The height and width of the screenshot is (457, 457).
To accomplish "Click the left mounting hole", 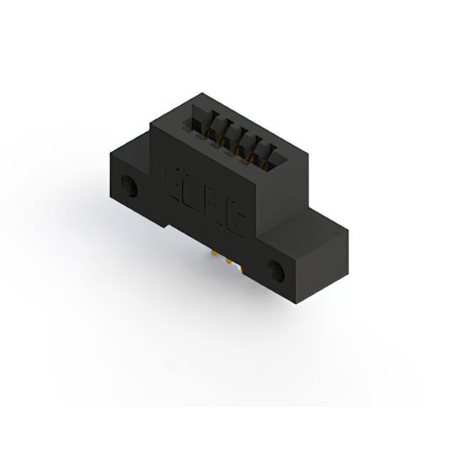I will (131, 188).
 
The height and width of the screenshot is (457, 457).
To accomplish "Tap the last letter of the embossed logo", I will (237, 224).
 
